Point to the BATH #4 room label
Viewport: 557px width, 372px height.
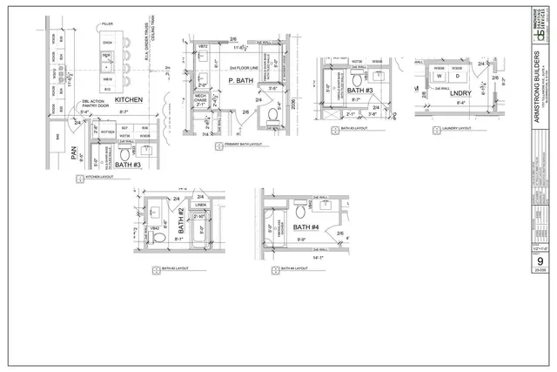(311, 228)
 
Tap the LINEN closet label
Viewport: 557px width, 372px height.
(201, 206)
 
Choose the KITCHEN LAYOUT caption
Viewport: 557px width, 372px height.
(102, 178)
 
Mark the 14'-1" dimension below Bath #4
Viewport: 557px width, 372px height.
(320, 257)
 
